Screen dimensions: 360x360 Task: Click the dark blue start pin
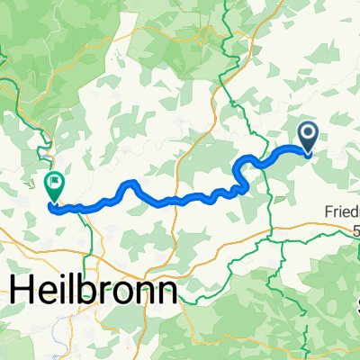[308, 137]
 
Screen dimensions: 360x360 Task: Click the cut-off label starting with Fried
[342, 213]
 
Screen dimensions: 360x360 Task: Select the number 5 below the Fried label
[355, 229]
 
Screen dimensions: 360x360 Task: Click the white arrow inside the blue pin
[308, 135]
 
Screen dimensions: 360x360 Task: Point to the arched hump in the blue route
[130, 185]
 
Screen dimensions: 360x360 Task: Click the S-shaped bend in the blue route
[240, 176]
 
